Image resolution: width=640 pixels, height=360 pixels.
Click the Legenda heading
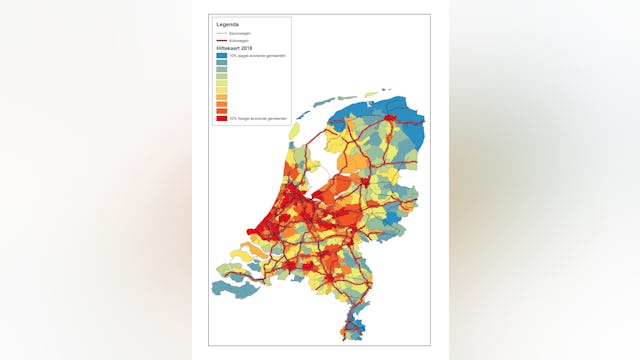pos(228,23)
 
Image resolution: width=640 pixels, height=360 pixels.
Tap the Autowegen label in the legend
pos(238,40)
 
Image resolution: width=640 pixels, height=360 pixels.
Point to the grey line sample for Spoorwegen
pos(221,33)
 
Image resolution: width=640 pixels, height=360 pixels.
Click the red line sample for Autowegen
pos(221,40)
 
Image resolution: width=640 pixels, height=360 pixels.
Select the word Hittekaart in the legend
pos(226,47)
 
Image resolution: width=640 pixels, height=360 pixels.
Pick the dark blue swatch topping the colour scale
pos(221,55)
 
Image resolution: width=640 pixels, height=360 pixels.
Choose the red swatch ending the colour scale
pos(221,118)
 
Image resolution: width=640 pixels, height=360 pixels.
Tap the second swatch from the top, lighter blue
pos(221,62)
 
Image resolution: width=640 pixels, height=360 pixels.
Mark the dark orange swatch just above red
pos(221,111)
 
